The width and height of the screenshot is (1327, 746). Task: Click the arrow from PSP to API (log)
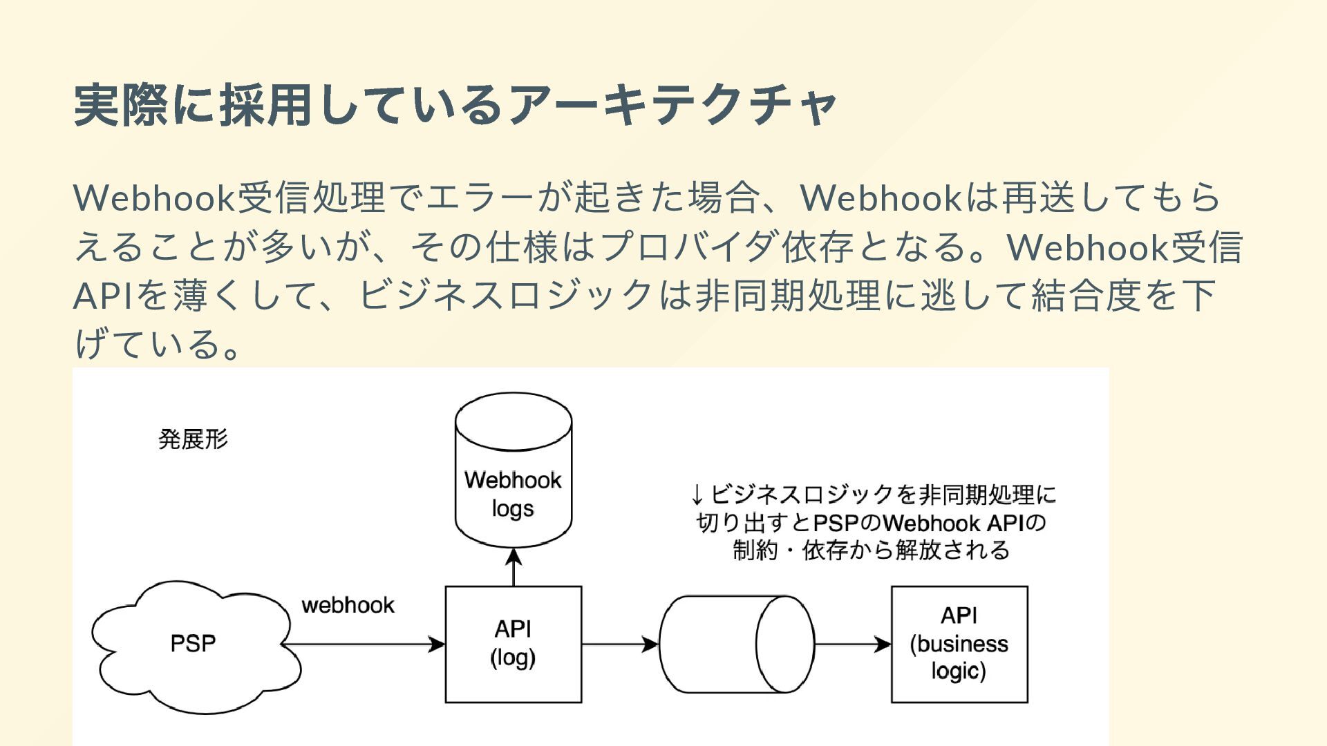point(364,644)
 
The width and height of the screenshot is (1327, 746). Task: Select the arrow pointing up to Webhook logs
point(514,567)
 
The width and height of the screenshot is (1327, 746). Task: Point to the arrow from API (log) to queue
point(621,644)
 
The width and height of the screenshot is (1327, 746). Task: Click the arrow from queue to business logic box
point(853,644)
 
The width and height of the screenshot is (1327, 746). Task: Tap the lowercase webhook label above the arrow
point(348,605)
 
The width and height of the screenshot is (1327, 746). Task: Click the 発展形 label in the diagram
point(193,439)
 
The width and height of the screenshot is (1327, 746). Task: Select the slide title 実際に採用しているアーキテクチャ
point(455,105)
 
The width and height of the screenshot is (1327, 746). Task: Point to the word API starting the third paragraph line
point(103,296)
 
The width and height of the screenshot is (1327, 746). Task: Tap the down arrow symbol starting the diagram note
point(697,495)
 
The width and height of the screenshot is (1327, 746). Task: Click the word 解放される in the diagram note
point(952,551)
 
